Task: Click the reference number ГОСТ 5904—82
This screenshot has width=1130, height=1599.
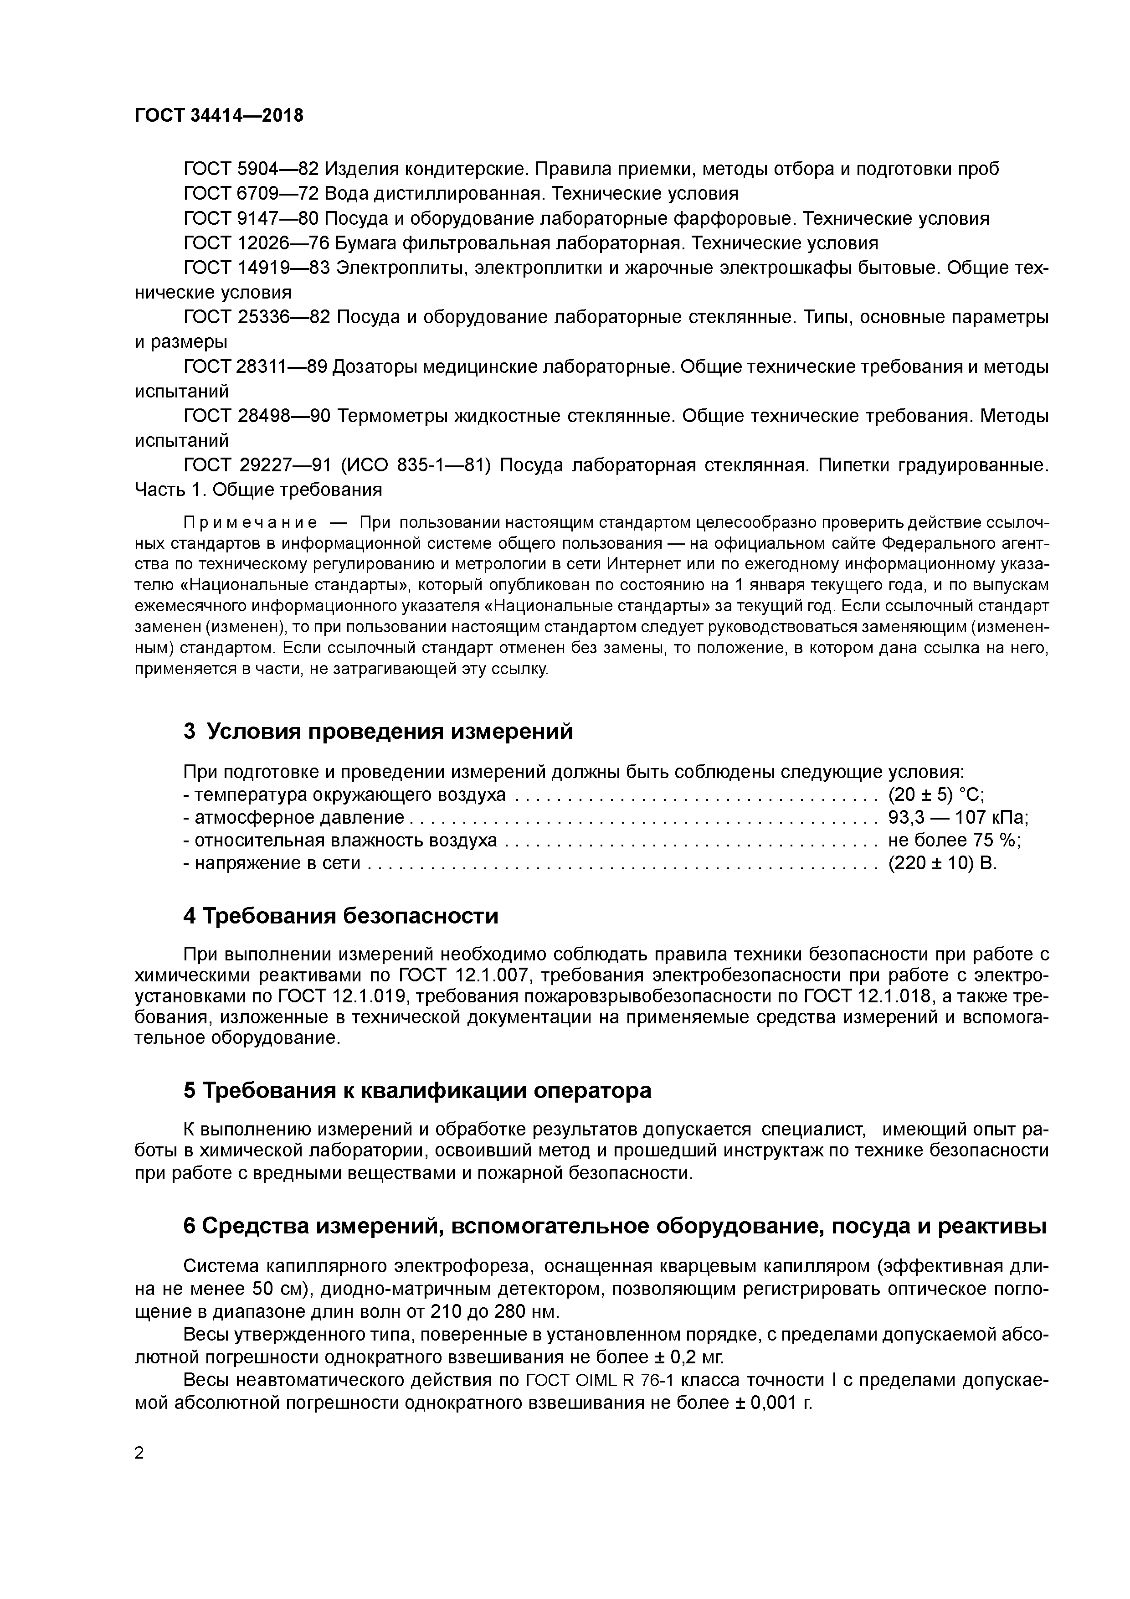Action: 251,169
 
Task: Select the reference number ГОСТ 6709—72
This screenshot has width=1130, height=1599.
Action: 251,193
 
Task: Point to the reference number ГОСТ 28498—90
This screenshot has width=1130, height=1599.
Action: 256,416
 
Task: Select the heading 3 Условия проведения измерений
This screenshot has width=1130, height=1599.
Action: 378,731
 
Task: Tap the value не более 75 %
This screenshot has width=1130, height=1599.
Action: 954,841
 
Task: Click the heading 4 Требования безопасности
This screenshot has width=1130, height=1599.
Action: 340,916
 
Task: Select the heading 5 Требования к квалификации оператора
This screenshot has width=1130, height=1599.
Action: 417,1090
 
